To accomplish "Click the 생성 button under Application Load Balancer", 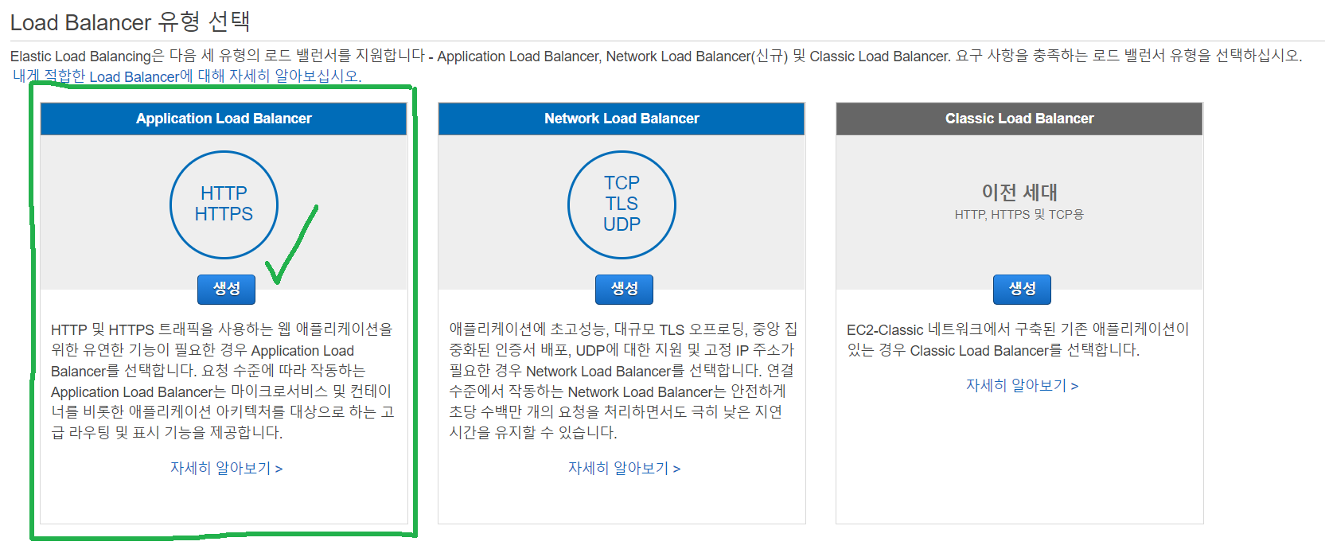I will pos(226,289).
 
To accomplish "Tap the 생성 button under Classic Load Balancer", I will pos(1022,289).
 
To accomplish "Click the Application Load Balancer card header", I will pos(224,119).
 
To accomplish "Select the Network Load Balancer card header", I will pos(622,119).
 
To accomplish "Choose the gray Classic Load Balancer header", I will pos(1019,119).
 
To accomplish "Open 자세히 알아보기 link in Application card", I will pos(226,469).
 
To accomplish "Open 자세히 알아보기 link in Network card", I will pos(624,469).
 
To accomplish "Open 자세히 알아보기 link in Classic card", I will pos(1022,386).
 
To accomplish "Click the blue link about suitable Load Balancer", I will pos(188,76).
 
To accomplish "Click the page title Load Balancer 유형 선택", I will pos(130,22).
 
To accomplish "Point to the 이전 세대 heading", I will pos(1019,192).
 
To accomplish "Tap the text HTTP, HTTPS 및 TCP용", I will pos(1019,215).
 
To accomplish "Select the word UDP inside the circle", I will pos(622,225).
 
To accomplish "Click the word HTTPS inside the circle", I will pos(224,214).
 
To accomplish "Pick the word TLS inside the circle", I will pos(622,204).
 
